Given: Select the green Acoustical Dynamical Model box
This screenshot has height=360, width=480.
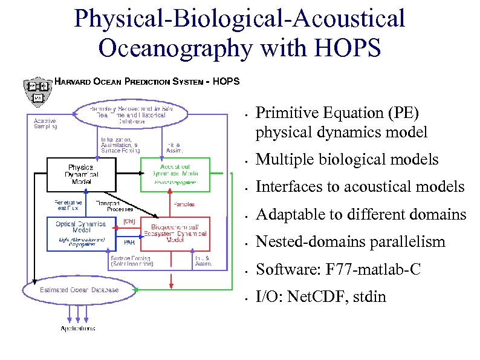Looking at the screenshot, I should pos(175,174).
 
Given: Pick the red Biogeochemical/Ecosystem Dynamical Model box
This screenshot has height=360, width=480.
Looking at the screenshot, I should pos(175,234).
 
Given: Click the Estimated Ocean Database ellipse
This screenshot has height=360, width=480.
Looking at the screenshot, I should pos(79,290).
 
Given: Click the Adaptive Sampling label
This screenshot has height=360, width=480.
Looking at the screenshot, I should pos(45,123).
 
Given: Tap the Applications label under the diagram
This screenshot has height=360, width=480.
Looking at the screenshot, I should pos(77,329).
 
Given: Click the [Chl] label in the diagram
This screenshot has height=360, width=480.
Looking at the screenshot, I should pos(129,221).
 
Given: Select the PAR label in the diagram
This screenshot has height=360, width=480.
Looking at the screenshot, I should pos(129,243).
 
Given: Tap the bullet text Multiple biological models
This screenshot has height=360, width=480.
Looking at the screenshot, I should pos(347,160).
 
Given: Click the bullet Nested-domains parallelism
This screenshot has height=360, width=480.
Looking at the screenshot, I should pos(351,242).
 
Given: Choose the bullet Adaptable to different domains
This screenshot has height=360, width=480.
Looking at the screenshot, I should pos(361,215).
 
